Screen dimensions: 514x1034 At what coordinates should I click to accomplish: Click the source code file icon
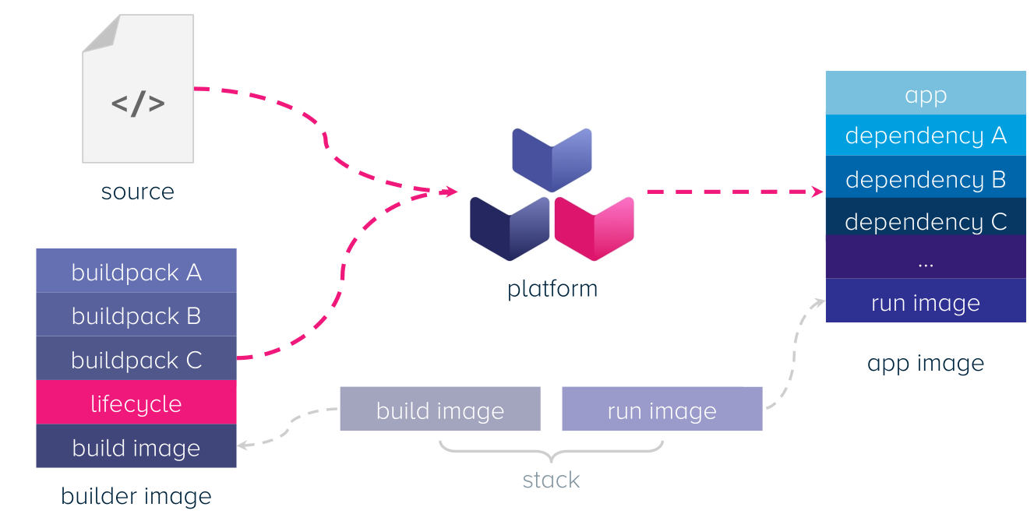pyautogui.click(x=138, y=89)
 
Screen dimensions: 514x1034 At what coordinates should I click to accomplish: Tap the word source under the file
pyautogui.click(x=138, y=192)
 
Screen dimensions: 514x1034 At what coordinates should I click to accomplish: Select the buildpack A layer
pyautogui.click(x=136, y=271)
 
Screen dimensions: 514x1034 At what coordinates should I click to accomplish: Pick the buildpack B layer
pyautogui.click(x=136, y=315)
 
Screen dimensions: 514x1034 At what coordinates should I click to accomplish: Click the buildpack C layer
pyautogui.click(x=136, y=359)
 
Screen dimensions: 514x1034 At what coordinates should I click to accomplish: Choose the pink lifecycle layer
pyautogui.click(x=136, y=403)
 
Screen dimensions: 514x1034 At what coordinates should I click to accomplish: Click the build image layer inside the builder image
pyautogui.click(x=136, y=446)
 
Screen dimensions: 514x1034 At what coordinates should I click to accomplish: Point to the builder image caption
pyautogui.click(x=136, y=496)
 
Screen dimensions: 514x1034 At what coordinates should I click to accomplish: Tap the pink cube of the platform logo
pyautogui.click(x=594, y=228)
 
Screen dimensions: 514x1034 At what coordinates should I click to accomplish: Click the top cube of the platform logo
pyautogui.click(x=552, y=159)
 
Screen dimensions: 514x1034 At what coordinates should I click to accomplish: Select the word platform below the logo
pyautogui.click(x=552, y=289)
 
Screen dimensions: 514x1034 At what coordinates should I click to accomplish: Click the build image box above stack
pyautogui.click(x=440, y=410)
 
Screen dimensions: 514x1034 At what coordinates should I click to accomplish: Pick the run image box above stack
pyautogui.click(x=662, y=410)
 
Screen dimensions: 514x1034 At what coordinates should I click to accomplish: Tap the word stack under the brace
pyautogui.click(x=551, y=480)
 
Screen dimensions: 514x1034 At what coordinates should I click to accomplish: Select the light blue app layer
pyautogui.click(x=926, y=93)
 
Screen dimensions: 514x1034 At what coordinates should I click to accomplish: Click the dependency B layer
pyautogui.click(x=926, y=179)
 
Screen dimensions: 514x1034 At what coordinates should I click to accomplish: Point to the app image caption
pyautogui.click(x=926, y=364)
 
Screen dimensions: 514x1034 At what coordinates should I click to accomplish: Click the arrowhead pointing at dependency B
pyautogui.click(x=818, y=192)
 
